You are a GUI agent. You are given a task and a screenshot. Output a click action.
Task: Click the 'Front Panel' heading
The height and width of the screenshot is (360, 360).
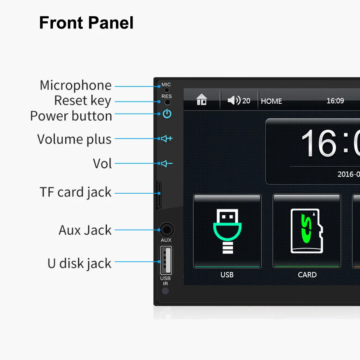point(86,23)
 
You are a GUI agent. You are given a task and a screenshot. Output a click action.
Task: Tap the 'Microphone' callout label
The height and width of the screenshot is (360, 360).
point(76,86)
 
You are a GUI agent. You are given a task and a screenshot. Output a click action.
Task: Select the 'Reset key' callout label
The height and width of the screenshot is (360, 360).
point(82,101)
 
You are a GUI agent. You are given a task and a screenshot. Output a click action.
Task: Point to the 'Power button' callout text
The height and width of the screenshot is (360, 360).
point(71,116)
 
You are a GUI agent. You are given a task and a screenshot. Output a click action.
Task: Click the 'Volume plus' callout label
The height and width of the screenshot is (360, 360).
point(74,139)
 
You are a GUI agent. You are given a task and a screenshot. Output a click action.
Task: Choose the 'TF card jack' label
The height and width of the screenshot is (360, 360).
point(76,192)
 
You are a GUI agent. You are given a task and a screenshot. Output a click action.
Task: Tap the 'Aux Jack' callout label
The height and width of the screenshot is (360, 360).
point(85,230)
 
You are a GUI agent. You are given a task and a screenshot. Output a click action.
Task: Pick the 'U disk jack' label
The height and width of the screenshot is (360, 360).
point(79,264)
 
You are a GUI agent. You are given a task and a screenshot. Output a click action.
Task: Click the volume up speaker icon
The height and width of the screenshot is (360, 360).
point(167,139)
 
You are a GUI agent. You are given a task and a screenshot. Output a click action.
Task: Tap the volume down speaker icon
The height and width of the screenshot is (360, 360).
point(167,164)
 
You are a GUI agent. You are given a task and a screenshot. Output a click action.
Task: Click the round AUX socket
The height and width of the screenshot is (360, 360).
point(166,230)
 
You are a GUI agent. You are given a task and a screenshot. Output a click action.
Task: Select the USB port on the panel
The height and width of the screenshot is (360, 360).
point(166,260)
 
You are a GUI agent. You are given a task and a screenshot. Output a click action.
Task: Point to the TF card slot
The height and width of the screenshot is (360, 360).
point(159,195)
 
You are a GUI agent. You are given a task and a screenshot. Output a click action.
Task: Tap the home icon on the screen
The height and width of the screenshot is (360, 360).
point(202,100)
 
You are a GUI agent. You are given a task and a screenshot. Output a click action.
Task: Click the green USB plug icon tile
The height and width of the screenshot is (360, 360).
point(227,231)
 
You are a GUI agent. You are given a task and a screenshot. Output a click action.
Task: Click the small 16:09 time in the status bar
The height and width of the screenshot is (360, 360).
point(335,101)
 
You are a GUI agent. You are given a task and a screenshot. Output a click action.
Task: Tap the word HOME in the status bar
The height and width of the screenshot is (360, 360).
point(271,101)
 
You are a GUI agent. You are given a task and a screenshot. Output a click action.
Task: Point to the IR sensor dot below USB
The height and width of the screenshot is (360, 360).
point(165,291)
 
